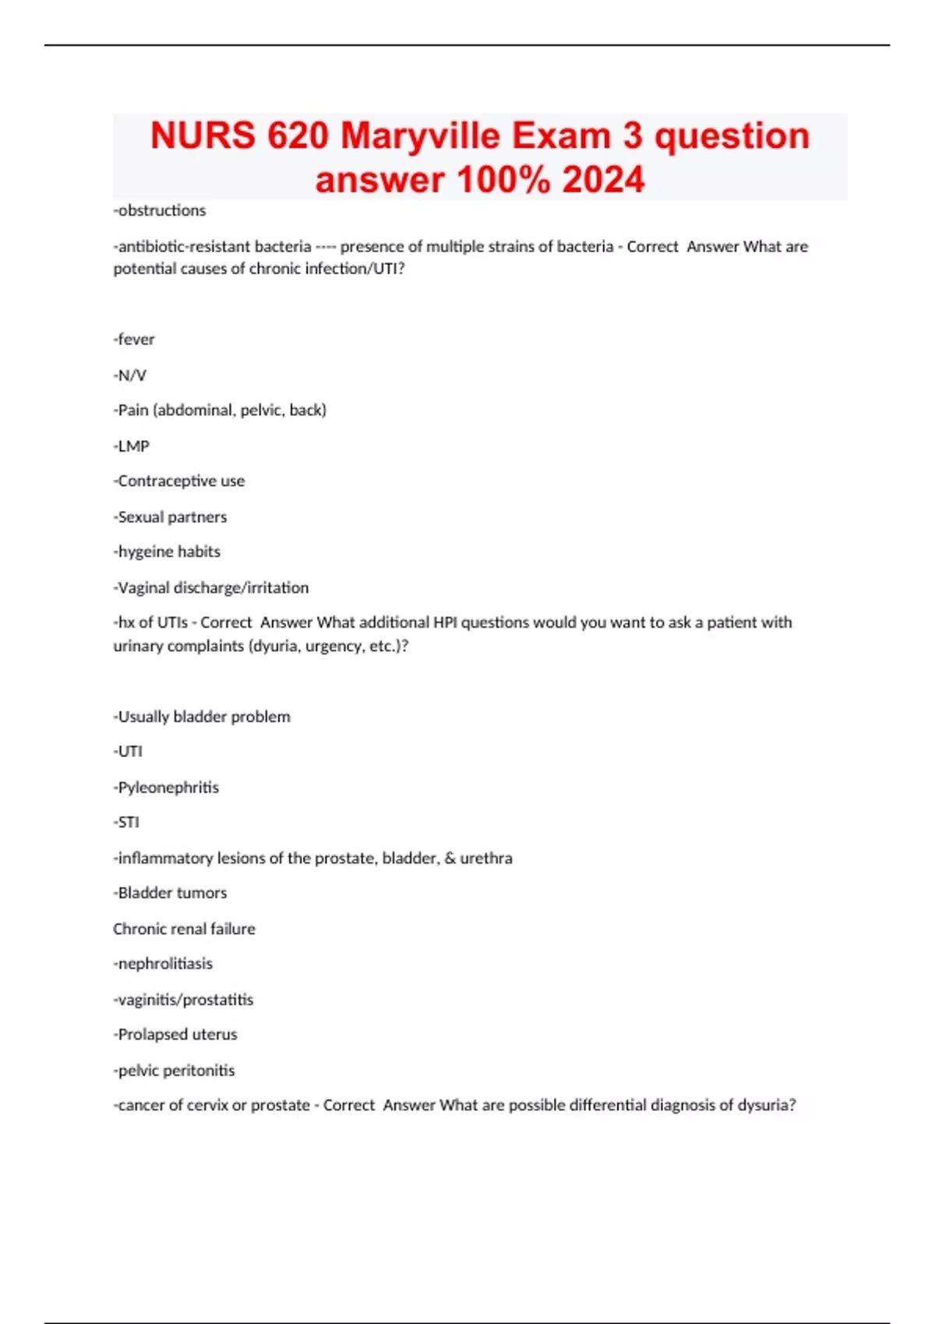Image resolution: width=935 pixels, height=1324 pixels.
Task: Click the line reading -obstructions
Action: point(160,210)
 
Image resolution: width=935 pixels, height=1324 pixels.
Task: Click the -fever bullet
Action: point(134,340)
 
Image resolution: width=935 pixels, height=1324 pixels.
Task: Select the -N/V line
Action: point(130,375)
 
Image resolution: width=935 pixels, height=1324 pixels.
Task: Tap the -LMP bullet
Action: point(132,446)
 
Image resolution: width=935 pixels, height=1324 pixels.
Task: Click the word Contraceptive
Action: point(168,481)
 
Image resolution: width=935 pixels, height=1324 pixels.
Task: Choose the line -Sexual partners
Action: point(171,517)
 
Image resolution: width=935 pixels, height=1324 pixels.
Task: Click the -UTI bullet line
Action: point(129,752)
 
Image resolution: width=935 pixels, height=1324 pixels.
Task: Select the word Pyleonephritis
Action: point(168,787)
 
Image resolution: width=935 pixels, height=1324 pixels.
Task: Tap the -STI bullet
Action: point(127,822)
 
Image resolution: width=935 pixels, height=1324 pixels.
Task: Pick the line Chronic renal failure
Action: point(184,929)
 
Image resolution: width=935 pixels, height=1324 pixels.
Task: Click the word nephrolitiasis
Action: point(166,964)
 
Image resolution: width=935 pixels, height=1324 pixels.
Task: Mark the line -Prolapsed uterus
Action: point(175,1035)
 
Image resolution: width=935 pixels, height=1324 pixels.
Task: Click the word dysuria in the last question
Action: point(766,1105)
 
